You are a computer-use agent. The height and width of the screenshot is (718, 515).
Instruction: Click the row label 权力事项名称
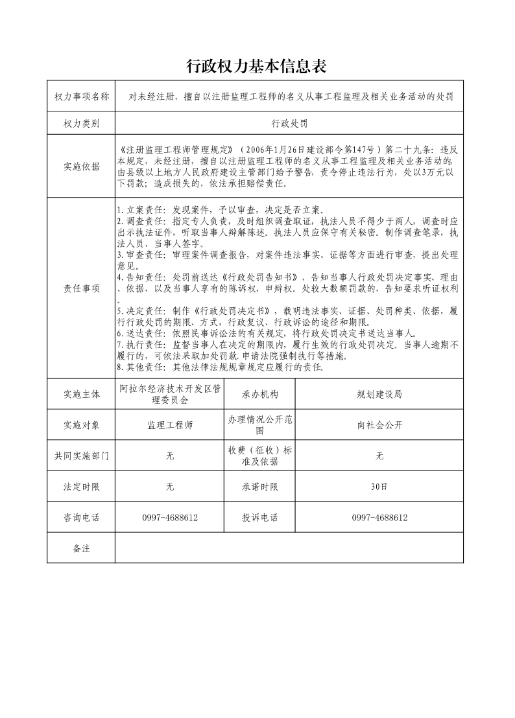[x=82, y=97]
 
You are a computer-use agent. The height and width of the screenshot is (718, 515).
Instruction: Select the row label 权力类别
[x=82, y=123]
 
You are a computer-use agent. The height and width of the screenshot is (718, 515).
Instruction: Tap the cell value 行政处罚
[x=289, y=123]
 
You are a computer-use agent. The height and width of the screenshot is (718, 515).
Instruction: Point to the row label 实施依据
[x=82, y=167]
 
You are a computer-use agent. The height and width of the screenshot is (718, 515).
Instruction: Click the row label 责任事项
[x=82, y=289]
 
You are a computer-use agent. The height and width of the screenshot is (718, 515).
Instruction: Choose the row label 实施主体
[x=82, y=394]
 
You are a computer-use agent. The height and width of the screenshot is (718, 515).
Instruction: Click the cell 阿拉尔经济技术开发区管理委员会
[x=170, y=394]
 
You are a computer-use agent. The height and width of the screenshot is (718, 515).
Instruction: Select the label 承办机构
[x=260, y=394]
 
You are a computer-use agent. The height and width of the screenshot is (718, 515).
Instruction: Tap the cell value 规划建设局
[x=379, y=394]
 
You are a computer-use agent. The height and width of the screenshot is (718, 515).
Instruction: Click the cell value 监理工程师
[x=170, y=425]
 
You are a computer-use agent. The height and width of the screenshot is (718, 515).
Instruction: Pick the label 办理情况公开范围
[x=260, y=425]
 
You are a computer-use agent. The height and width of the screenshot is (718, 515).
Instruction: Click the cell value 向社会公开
[x=379, y=425]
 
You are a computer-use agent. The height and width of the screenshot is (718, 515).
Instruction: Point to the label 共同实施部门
[x=82, y=456]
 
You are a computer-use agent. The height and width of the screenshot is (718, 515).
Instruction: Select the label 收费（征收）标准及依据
[x=260, y=456]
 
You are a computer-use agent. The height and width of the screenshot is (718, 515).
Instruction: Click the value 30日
[x=379, y=487]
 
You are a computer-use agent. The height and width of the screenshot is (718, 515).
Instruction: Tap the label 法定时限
[x=82, y=487]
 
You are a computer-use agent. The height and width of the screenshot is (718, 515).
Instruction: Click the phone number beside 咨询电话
[x=170, y=518]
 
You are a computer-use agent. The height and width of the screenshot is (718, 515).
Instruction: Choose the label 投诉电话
[x=260, y=518]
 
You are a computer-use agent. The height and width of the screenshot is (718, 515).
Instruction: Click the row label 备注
[x=82, y=548]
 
